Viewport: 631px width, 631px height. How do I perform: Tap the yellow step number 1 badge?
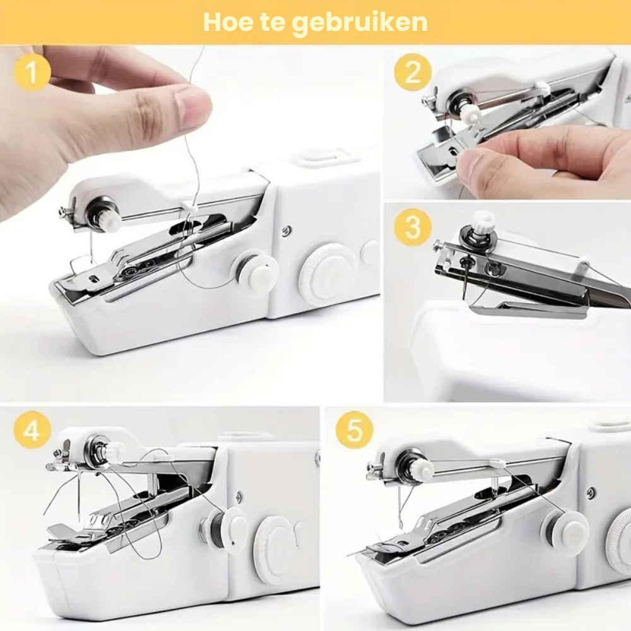[x=31, y=73]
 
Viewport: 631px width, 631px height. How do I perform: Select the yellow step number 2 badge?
[x=413, y=73]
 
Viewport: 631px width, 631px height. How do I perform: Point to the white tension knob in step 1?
[x=109, y=220]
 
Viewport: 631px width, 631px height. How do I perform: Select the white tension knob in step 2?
[x=470, y=114]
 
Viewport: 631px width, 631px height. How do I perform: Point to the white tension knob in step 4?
[x=114, y=452]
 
